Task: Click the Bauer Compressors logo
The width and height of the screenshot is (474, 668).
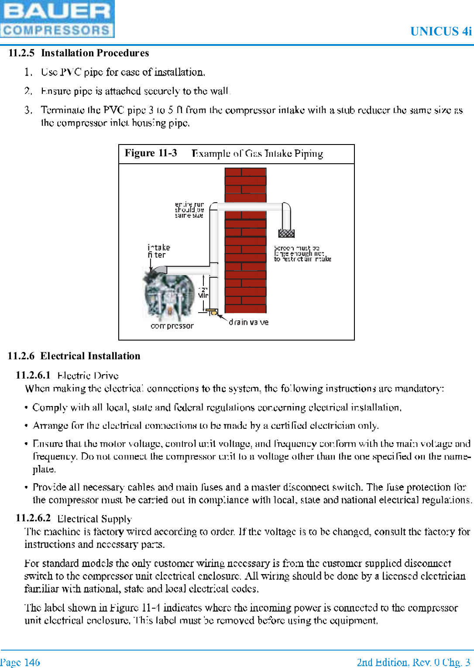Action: click(x=57, y=19)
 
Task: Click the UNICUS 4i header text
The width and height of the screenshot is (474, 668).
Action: click(x=441, y=31)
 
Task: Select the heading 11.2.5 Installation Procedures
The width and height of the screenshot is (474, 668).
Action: click(x=79, y=53)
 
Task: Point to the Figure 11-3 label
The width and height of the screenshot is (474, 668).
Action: click(x=151, y=153)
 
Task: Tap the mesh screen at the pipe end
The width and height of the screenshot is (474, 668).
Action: click(x=286, y=233)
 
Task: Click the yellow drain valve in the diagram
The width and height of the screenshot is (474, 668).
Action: click(x=213, y=312)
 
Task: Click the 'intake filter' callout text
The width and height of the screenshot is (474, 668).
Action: click(x=158, y=251)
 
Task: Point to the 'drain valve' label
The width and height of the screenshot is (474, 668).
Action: click(x=248, y=322)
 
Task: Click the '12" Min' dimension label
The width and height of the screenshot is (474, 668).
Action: click(x=203, y=293)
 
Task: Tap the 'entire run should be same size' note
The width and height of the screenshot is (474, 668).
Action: click(x=189, y=210)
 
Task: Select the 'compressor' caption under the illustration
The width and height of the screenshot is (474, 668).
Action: click(x=172, y=326)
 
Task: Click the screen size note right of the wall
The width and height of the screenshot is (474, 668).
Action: click(x=302, y=254)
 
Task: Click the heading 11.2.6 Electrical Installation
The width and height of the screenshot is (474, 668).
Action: click(x=74, y=356)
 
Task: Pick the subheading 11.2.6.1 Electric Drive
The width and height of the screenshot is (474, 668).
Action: click(x=67, y=375)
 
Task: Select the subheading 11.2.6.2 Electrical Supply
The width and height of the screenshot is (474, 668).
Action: click(x=74, y=518)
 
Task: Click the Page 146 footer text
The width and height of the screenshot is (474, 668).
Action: click(x=20, y=662)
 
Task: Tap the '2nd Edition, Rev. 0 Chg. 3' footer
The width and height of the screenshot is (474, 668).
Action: click(x=413, y=662)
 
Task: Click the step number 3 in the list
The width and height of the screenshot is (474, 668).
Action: click(x=28, y=110)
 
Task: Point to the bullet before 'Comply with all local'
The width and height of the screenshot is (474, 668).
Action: click(x=27, y=408)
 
